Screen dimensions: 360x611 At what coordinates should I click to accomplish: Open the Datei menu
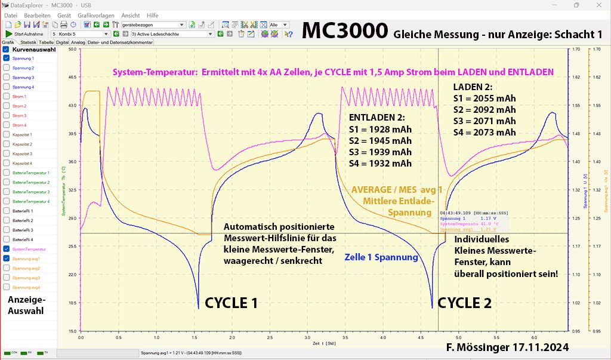[x=10, y=15]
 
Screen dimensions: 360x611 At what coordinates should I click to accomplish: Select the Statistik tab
[x=28, y=43]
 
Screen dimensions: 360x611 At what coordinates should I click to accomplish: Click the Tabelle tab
[x=46, y=43]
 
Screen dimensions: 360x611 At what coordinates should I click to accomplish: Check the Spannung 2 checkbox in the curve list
[x=6, y=68]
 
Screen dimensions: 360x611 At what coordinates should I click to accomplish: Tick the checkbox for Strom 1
[x=6, y=97]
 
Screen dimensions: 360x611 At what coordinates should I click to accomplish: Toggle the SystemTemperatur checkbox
[x=6, y=249]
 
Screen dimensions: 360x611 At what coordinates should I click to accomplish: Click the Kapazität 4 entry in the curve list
[x=23, y=163]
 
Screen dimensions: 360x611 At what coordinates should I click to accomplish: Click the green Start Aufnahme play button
[x=8, y=34]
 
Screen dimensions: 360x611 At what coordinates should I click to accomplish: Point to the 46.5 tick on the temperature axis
[x=73, y=78]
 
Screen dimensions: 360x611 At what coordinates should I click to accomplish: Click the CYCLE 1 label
[x=231, y=303]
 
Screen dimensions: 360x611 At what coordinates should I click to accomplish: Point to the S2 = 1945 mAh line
[x=379, y=141]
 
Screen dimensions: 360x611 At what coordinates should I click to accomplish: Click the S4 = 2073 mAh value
[x=484, y=133]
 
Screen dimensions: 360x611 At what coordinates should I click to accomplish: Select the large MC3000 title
[x=344, y=31]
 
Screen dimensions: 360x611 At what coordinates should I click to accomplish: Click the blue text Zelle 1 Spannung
[x=381, y=257]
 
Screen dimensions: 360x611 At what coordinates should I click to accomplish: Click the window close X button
[x=599, y=5]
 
